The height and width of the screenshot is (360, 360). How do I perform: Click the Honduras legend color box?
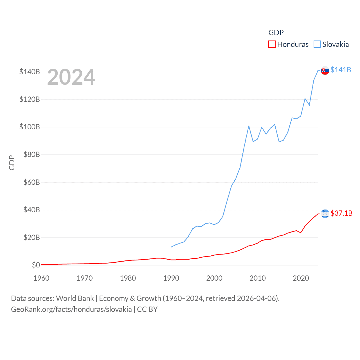[x=272, y=44]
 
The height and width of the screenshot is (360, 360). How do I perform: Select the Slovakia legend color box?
[x=317, y=44]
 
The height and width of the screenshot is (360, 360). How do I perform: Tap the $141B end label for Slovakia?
[x=341, y=70]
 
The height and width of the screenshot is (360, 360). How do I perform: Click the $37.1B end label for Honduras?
[x=341, y=213]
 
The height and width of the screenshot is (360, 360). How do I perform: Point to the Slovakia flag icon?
[x=325, y=70]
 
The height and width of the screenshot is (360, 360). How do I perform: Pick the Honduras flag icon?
[x=325, y=214]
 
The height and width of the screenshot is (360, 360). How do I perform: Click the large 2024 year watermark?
[x=71, y=77]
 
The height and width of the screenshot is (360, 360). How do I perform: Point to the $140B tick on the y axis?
[x=30, y=72]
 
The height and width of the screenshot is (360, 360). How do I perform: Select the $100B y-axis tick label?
[x=30, y=127]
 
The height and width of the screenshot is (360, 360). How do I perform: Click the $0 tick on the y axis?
[x=36, y=265]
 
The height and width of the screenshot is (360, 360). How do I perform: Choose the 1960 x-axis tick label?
[x=41, y=278]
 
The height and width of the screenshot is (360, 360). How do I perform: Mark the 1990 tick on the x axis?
[x=171, y=278]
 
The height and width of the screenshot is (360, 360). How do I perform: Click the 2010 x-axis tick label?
[x=258, y=278]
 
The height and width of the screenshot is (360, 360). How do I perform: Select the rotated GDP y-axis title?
[x=12, y=163]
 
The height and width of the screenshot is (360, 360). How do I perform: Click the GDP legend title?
[x=276, y=33]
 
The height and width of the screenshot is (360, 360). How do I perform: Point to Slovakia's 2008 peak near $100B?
[x=249, y=126]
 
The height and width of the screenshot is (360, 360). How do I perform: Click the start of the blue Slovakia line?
[x=171, y=247]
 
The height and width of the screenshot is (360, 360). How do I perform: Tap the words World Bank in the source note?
[x=75, y=298]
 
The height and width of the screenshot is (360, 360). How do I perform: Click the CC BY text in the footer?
[x=147, y=309]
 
